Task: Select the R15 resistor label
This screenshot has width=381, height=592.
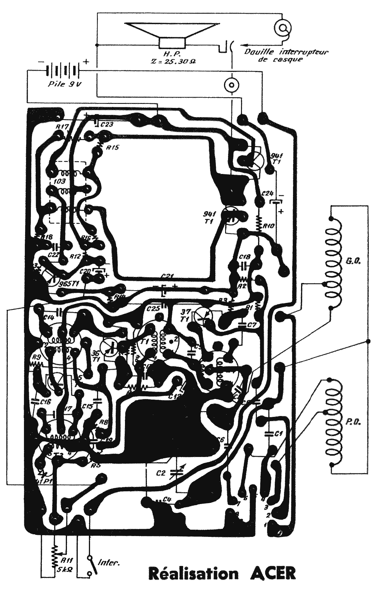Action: pos(112,147)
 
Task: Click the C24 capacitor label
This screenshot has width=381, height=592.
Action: pos(268,193)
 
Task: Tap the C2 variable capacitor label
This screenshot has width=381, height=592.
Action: pos(161,473)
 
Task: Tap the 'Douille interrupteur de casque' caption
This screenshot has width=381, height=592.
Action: pos(286,55)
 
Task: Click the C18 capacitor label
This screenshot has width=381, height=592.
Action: pos(245,256)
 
